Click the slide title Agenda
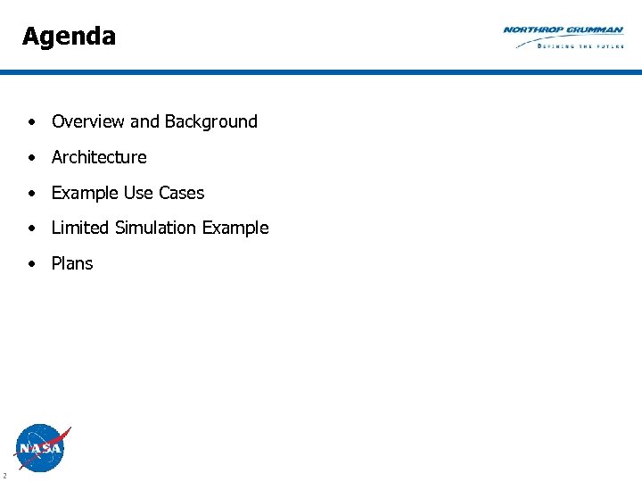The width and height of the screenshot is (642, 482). tap(69, 37)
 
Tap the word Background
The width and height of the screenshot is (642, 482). tap(210, 121)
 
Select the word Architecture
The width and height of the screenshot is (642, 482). tap(99, 157)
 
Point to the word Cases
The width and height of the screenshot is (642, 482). tap(182, 193)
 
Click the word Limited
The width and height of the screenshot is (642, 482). tap(79, 228)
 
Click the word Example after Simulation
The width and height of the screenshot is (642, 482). tap(235, 229)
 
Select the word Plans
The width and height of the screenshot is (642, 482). tap(72, 263)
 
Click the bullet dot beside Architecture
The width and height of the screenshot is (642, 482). tap(31, 158)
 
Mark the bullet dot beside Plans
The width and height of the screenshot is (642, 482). tap(31, 264)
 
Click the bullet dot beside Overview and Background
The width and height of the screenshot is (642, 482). tap(31, 122)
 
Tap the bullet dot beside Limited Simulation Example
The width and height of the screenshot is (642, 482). tap(31, 229)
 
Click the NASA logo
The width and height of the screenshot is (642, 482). tap(41, 447)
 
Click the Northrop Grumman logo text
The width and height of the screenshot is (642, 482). tap(563, 30)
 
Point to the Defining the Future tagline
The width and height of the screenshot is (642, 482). tap(580, 45)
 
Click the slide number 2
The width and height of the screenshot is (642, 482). tap(4, 475)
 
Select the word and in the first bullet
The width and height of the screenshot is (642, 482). tap(144, 121)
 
